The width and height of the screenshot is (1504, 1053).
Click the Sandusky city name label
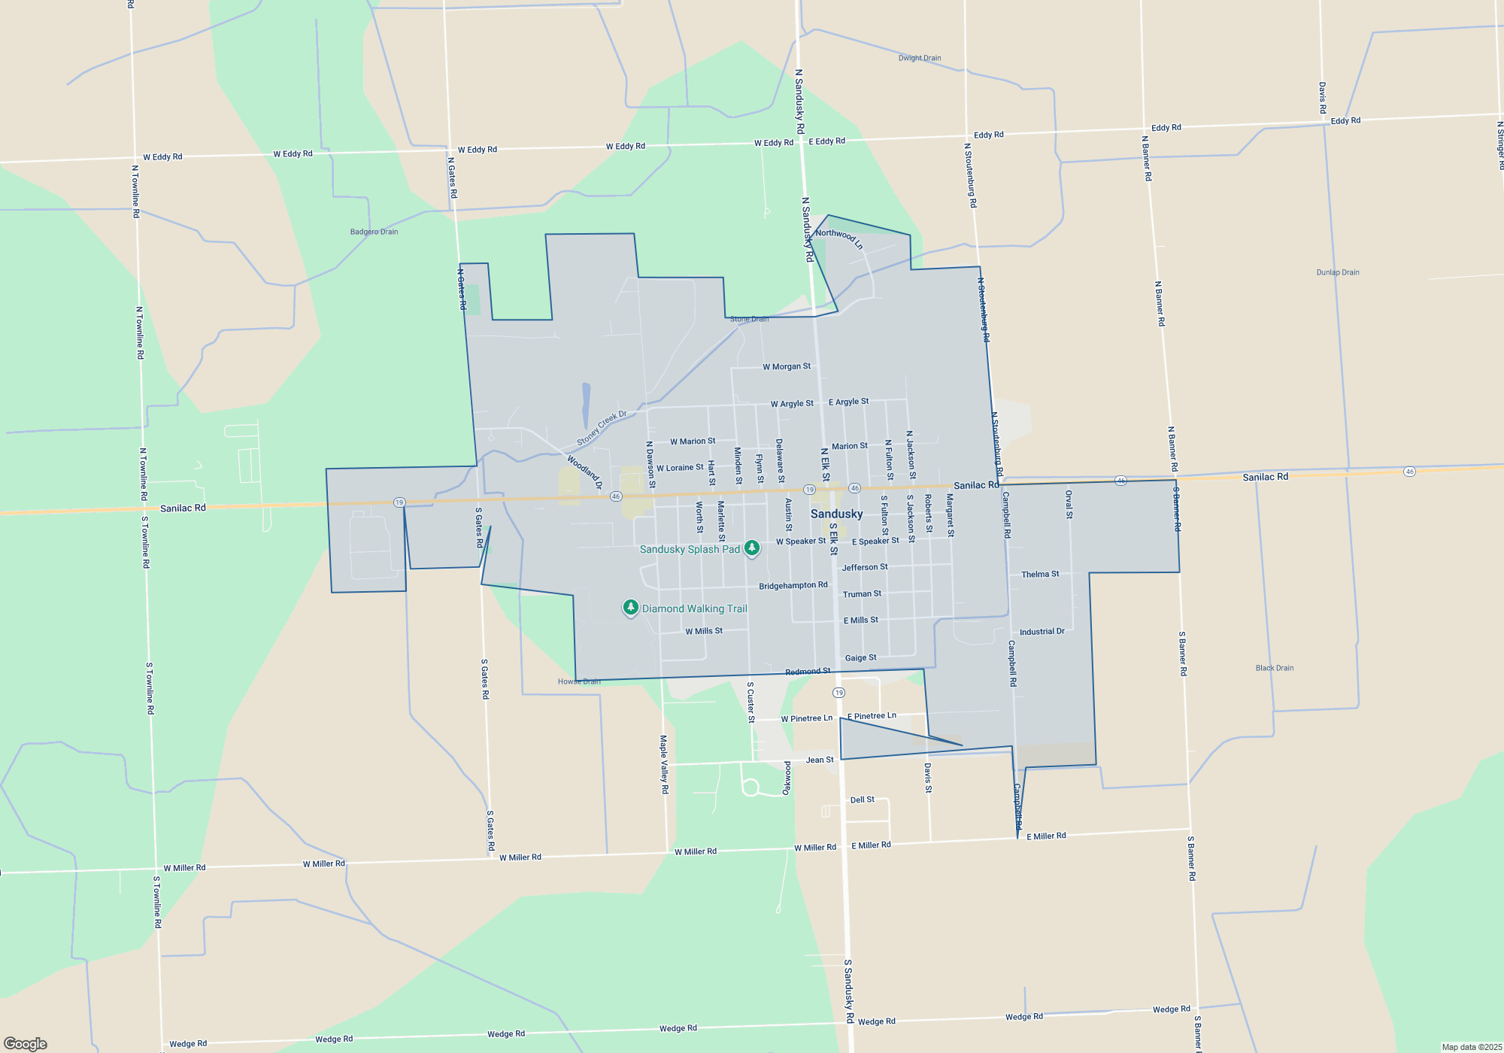pyautogui.click(x=836, y=514)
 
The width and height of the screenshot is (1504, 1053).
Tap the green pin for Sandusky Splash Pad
pyautogui.click(x=751, y=548)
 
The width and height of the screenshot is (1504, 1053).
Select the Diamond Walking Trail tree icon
pyautogui.click(x=631, y=608)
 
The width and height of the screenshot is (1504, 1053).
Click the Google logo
pyautogui.click(x=26, y=1043)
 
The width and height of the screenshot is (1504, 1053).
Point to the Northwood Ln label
pyautogui.click(x=838, y=238)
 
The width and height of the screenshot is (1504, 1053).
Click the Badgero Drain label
pyautogui.click(x=374, y=232)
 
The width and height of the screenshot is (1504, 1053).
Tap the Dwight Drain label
pyautogui.click(x=919, y=58)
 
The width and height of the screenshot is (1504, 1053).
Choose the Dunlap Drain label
pyautogui.click(x=1337, y=272)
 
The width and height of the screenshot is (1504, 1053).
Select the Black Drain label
pyautogui.click(x=1274, y=668)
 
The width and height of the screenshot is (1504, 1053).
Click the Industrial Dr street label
pyautogui.click(x=1042, y=632)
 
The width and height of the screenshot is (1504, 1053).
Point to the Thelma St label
pyautogui.click(x=1039, y=574)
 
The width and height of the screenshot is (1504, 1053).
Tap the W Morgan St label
pyautogui.click(x=787, y=366)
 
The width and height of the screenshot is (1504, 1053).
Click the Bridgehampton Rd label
pyautogui.click(x=793, y=585)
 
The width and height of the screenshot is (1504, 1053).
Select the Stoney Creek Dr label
pyautogui.click(x=602, y=428)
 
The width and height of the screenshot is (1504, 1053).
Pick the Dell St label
pyautogui.click(x=862, y=800)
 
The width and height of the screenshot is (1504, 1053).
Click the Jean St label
pyautogui.click(x=820, y=760)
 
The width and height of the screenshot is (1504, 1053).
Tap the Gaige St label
pyautogui.click(x=860, y=657)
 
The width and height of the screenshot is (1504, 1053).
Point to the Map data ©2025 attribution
pyautogui.click(x=1471, y=1047)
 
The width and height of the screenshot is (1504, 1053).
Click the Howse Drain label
pyautogui.click(x=579, y=681)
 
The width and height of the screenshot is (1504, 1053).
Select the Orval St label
pyautogui.click(x=1069, y=504)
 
